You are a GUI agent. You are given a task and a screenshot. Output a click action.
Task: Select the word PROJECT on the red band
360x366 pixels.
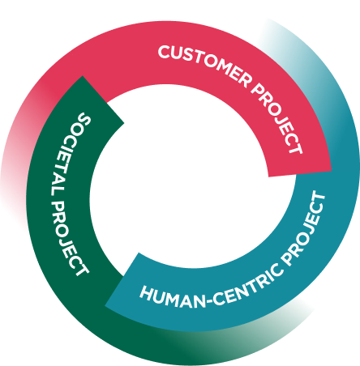(x=277, y=119)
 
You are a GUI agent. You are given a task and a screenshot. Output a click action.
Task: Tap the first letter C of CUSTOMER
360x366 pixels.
(x=165, y=52)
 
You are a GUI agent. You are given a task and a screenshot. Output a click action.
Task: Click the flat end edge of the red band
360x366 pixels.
(x=300, y=173)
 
